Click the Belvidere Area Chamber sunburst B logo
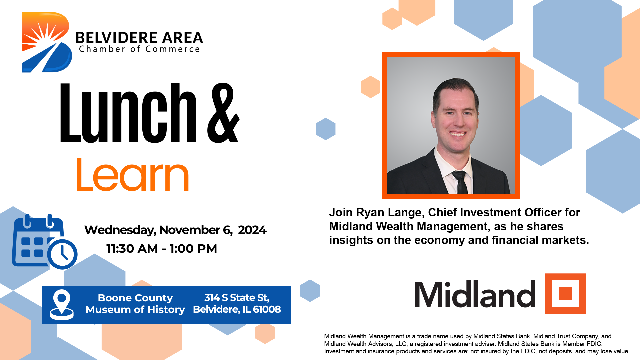click(x=47, y=42)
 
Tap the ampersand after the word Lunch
click(x=223, y=113)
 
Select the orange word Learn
click(x=133, y=174)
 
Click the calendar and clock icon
click(x=45, y=241)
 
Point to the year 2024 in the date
click(x=252, y=230)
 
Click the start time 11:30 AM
click(x=132, y=249)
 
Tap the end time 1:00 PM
click(x=193, y=249)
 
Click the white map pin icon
click(x=62, y=305)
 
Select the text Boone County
click(x=135, y=298)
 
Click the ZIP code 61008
click(x=267, y=309)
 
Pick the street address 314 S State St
click(x=237, y=298)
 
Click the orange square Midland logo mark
click(x=565, y=294)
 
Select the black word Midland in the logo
click(x=475, y=294)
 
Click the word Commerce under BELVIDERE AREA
click(x=173, y=49)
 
